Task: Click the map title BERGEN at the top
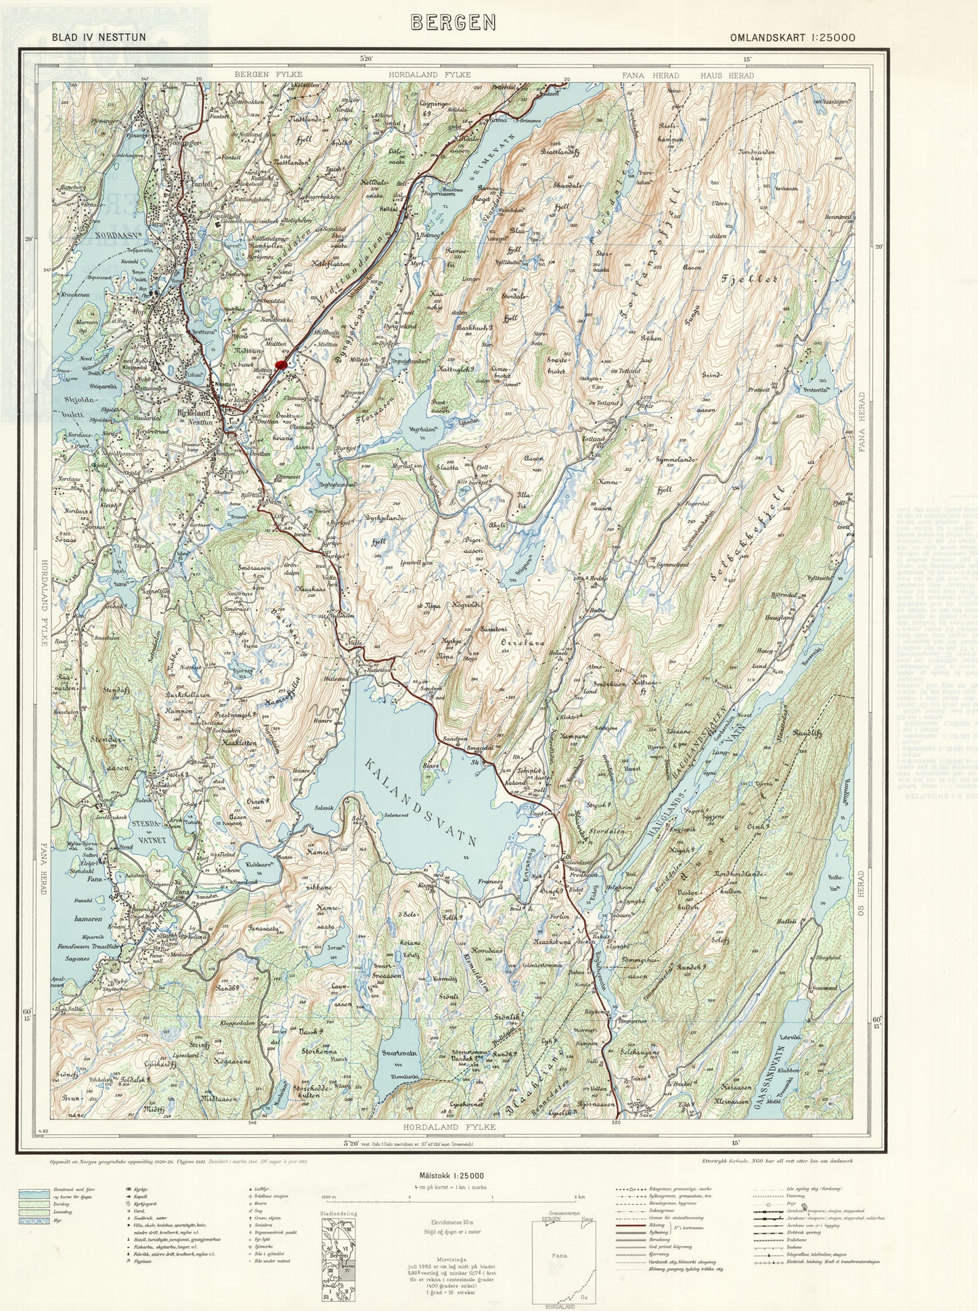(x=453, y=22)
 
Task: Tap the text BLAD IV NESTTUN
(x=98, y=38)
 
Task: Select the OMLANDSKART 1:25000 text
(x=792, y=38)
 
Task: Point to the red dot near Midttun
(x=282, y=365)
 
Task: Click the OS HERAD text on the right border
(x=862, y=894)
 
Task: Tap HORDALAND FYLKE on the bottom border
(x=449, y=1127)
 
